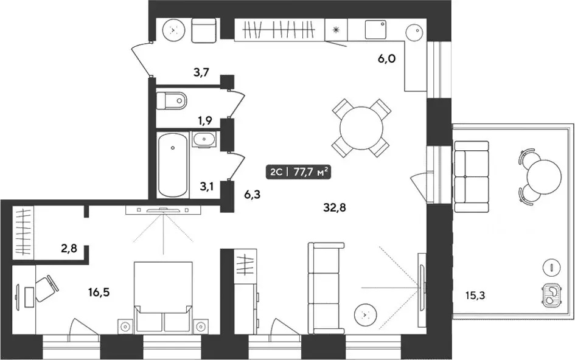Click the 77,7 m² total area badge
click(x=299, y=172)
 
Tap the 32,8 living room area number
click(x=335, y=208)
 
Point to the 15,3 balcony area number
click(x=475, y=295)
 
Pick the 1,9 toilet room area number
click(x=204, y=120)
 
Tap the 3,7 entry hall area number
click(x=201, y=72)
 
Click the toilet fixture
click(x=171, y=100)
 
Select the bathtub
click(x=172, y=165)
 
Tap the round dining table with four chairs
click(x=361, y=128)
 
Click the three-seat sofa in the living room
click(x=326, y=288)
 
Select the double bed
click(x=163, y=297)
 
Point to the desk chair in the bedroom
click(x=47, y=288)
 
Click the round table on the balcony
click(x=544, y=178)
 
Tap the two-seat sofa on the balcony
click(x=472, y=177)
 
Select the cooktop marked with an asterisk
click(x=335, y=30)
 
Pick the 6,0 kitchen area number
click(x=386, y=58)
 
